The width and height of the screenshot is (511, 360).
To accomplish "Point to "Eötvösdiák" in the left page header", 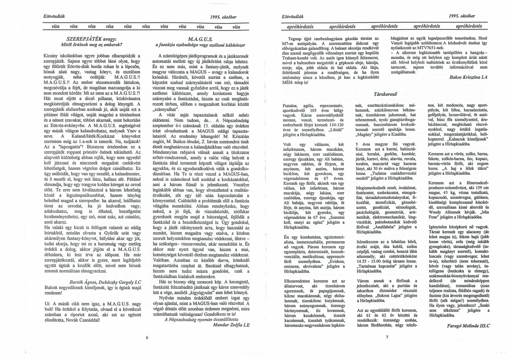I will click(54, 16).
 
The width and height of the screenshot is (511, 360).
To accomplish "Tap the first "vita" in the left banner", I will click(55, 26).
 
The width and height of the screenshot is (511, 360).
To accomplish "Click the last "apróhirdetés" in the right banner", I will click(469, 26).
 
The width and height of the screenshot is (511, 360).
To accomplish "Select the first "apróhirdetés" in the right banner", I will click(300, 26).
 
